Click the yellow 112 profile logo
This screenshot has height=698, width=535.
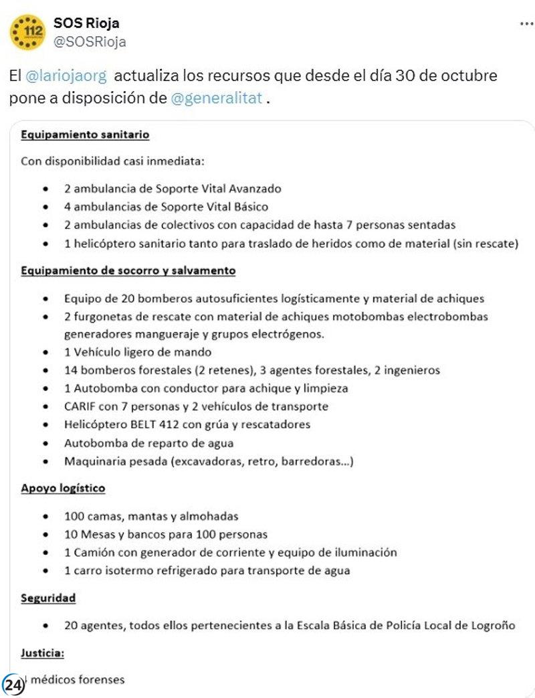click(x=28, y=32)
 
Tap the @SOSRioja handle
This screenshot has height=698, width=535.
click(x=90, y=42)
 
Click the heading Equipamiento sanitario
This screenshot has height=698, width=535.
click(x=85, y=135)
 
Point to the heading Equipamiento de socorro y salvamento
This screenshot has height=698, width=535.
click(x=128, y=270)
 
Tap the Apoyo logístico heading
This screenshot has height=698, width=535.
click(x=63, y=489)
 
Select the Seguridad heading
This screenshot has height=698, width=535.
click(x=48, y=598)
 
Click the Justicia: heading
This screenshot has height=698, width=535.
click(x=43, y=652)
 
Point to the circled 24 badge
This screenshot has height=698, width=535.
click(x=13, y=685)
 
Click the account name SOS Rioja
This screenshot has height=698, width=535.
click(x=86, y=23)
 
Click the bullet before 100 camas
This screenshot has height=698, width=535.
click(x=44, y=517)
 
